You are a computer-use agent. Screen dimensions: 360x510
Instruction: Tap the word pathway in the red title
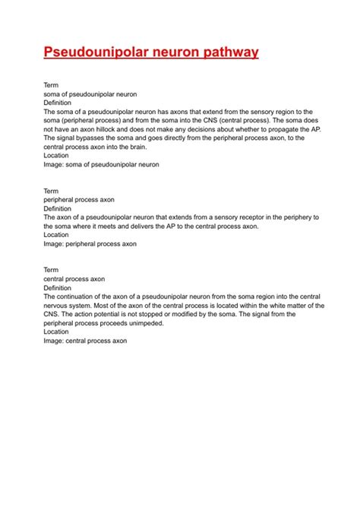(231, 52)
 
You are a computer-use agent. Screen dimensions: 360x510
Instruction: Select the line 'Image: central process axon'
(84, 341)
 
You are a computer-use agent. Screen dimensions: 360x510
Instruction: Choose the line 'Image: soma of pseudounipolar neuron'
(101, 164)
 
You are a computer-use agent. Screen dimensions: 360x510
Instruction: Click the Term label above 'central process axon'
(51, 270)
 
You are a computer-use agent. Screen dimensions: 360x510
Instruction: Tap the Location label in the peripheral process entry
(56, 235)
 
